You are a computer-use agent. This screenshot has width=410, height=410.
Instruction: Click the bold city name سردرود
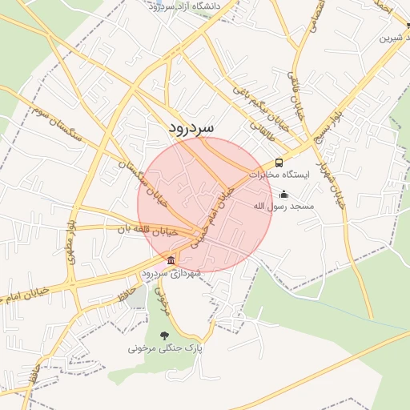pyautogui.click(x=192, y=128)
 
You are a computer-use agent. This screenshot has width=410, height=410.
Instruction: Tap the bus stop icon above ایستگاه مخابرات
pyautogui.click(x=279, y=163)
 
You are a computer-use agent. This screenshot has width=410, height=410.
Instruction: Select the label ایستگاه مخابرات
pyautogui.click(x=279, y=174)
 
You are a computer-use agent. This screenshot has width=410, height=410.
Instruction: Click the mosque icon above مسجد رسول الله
pyautogui.click(x=283, y=195)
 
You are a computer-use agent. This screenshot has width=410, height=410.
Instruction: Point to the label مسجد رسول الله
pyautogui.click(x=284, y=207)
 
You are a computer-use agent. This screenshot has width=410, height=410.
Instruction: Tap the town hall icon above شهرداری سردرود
pyautogui.click(x=171, y=260)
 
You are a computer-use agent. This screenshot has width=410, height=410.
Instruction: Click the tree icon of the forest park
pyautogui.click(x=165, y=336)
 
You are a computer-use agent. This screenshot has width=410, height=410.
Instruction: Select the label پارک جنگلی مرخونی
pyautogui.click(x=166, y=349)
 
